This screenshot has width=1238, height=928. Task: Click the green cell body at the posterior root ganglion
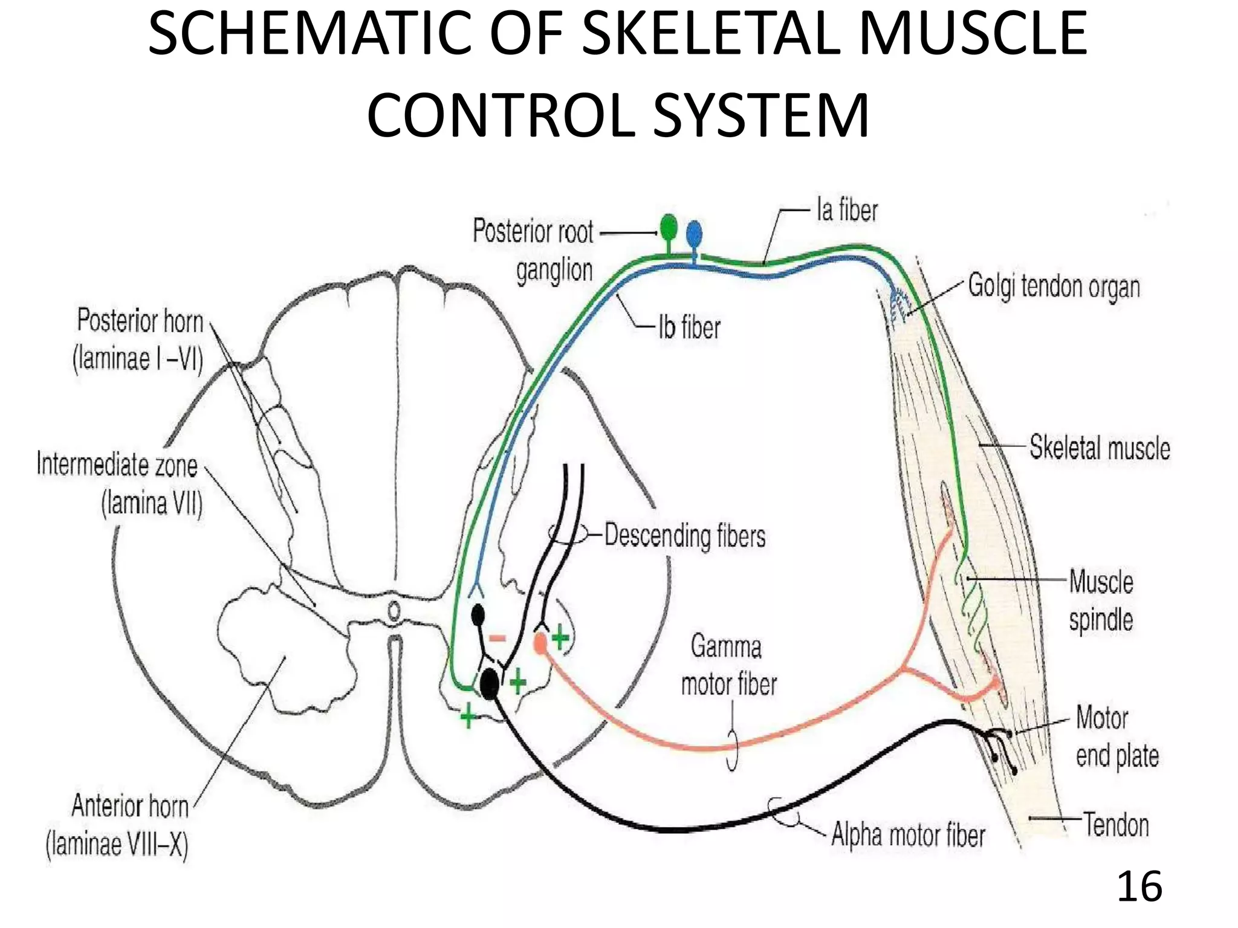pos(669,228)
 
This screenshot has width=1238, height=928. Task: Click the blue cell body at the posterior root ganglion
pos(694,233)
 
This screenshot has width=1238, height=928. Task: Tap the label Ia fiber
pos(846,211)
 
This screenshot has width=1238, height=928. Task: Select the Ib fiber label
pos(689,328)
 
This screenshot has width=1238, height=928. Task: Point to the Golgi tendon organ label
pos(1054,287)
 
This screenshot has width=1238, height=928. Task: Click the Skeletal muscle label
pos(1100,448)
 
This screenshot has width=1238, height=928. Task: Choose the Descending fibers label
pos(685,536)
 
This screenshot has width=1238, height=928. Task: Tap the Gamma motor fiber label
pos(728,665)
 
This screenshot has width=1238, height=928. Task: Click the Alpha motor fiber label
pos(908,835)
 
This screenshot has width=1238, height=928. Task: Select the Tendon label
pos(1116,825)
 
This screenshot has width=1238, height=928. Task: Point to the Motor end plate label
pos(1116,737)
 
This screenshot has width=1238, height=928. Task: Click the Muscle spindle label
pos(1101,601)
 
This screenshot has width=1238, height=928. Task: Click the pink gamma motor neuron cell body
pos(540,642)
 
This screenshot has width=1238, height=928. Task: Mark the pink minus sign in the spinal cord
pos(497,638)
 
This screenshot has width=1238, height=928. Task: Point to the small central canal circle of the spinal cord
pos(394,612)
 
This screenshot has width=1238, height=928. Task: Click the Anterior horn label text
pos(118,825)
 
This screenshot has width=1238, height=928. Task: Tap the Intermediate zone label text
pos(118,484)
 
